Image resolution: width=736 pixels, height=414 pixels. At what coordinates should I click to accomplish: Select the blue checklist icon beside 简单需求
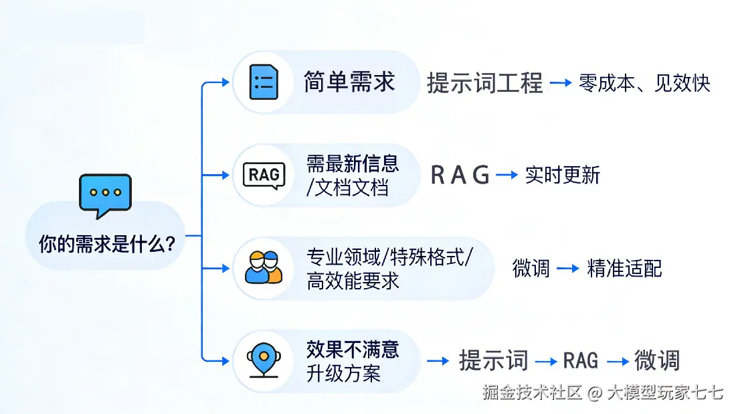pyautogui.click(x=264, y=82)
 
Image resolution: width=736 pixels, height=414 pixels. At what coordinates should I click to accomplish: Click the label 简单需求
pyautogui.click(x=349, y=82)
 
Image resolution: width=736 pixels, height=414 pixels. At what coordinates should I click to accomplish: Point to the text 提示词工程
pyautogui.click(x=484, y=84)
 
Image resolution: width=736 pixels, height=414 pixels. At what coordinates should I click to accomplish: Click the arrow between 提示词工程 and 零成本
pyautogui.click(x=561, y=84)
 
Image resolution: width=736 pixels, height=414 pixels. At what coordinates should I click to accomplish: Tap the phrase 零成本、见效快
pyautogui.click(x=644, y=84)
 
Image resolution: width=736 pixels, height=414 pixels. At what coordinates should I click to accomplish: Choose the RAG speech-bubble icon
pyautogui.click(x=263, y=176)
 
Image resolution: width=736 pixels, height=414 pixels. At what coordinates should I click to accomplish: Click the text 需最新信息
pyautogui.click(x=353, y=163)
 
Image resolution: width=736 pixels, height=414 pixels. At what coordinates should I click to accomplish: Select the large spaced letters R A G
pyautogui.click(x=460, y=176)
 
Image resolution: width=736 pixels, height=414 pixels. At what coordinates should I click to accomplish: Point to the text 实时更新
pyautogui.click(x=562, y=176)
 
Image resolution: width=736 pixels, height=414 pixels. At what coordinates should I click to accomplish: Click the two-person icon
pyautogui.click(x=264, y=267)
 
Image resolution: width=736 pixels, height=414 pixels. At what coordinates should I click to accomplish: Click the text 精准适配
pyautogui.click(x=624, y=269)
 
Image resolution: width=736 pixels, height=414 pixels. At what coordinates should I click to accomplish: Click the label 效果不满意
pyautogui.click(x=353, y=349)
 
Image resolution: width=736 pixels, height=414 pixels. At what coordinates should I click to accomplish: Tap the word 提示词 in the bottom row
pyautogui.click(x=493, y=360)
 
